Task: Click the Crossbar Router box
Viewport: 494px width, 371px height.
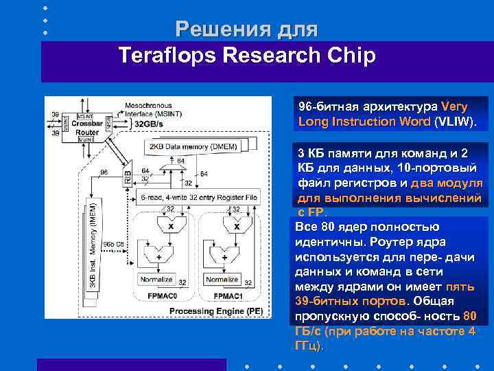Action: coord(87,127)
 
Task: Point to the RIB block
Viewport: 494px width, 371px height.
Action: coord(128,175)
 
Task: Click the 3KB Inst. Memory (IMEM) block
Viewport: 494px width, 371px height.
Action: coord(94,245)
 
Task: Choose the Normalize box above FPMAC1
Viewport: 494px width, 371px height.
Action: coord(222,280)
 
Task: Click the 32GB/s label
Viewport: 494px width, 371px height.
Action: coord(150,124)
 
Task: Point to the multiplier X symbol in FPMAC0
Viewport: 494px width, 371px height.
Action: coord(170,226)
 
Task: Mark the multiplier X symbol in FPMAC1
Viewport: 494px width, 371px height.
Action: coord(236,226)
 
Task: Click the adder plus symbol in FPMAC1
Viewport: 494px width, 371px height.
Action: coord(222,257)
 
